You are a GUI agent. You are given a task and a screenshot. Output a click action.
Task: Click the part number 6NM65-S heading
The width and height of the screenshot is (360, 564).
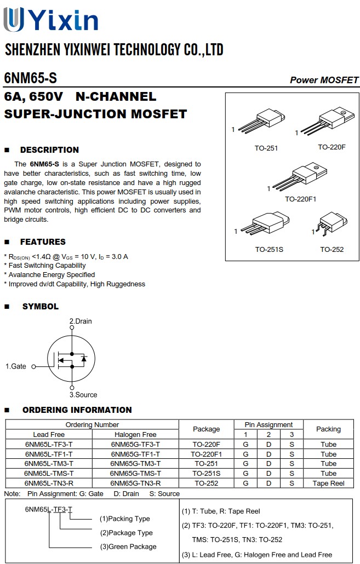[x=30, y=78]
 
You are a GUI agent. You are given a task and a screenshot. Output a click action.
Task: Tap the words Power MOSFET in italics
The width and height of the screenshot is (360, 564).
[x=324, y=80]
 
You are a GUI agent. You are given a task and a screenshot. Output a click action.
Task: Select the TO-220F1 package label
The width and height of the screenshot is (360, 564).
[x=300, y=199]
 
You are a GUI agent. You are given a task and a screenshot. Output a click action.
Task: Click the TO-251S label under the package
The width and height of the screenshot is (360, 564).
[x=269, y=250]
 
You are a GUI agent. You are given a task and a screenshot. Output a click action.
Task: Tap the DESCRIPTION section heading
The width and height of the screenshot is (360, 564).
[x=49, y=150]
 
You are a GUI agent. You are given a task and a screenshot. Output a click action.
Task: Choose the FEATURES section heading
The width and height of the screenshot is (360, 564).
[x=43, y=242]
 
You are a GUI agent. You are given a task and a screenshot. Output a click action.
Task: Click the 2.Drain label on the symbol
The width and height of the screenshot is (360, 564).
[x=81, y=321]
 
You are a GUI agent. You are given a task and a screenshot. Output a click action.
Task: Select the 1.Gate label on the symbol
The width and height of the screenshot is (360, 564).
[x=16, y=366]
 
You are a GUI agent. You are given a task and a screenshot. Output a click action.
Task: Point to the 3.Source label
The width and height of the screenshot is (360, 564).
[x=83, y=395]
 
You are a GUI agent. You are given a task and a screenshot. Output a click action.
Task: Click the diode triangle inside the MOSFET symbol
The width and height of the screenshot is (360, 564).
[x=84, y=359]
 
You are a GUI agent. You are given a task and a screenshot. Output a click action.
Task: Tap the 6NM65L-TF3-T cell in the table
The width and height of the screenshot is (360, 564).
[x=49, y=445]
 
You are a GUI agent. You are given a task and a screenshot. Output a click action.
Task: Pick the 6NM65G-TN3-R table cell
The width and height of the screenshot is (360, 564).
[x=135, y=484]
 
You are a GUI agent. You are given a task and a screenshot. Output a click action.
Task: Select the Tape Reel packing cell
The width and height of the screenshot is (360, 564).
[x=328, y=484]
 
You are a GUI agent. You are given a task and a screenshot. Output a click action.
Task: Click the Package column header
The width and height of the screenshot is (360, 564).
[x=206, y=429]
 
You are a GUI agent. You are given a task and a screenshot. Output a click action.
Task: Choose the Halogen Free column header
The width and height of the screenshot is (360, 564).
[x=135, y=435]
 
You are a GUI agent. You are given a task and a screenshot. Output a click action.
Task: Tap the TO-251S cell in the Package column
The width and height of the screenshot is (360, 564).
[x=206, y=474]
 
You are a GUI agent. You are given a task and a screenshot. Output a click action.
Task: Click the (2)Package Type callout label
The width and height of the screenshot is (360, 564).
[x=126, y=533]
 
